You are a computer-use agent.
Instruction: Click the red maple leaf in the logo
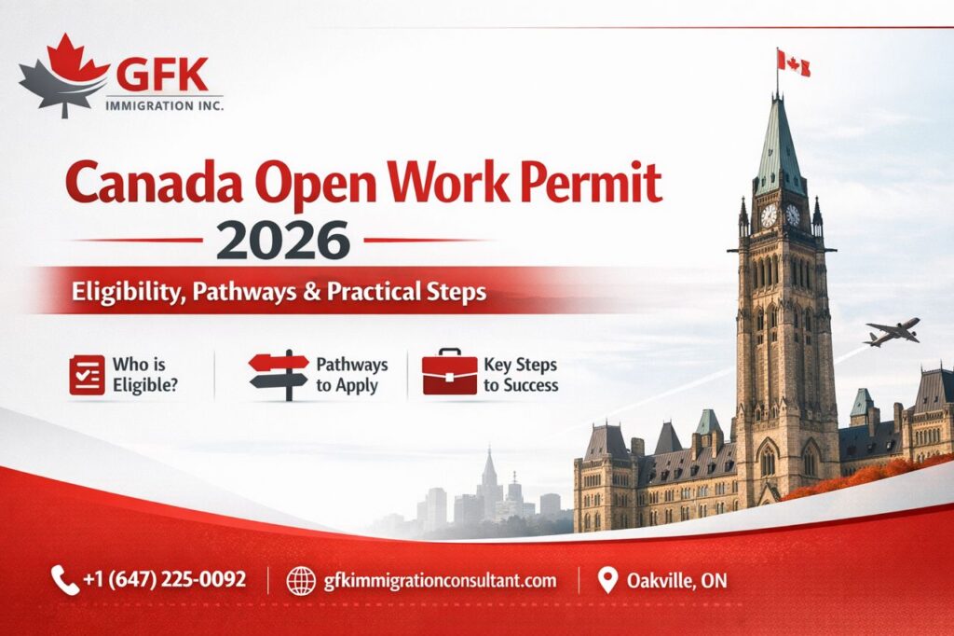(79, 59)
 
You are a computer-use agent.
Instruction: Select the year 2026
(283, 241)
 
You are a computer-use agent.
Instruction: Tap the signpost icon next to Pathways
(279, 374)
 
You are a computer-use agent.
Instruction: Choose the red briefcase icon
(449, 373)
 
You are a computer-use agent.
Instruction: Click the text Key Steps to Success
(521, 375)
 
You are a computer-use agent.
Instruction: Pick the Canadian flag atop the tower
(795, 63)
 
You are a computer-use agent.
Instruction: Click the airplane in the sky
(892, 332)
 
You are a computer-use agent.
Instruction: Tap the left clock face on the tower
(769, 215)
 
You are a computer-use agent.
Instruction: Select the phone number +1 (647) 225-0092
(164, 580)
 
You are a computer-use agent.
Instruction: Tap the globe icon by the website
(301, 581)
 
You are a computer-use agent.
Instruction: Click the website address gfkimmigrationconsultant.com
(440, 581)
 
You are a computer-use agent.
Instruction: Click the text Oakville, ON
(677, 581)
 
